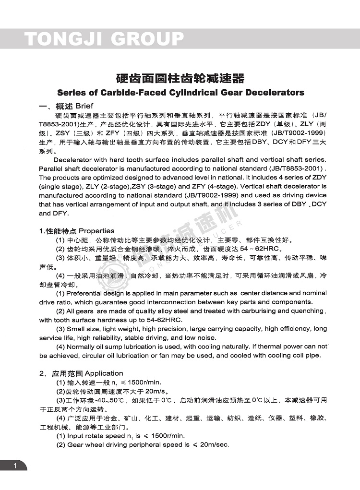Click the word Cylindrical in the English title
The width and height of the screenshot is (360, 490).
[200, 92]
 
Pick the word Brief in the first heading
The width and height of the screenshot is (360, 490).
[84, 106]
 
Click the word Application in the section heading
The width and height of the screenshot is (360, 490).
[104, 373]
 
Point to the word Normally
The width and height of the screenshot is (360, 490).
[84, 347]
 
